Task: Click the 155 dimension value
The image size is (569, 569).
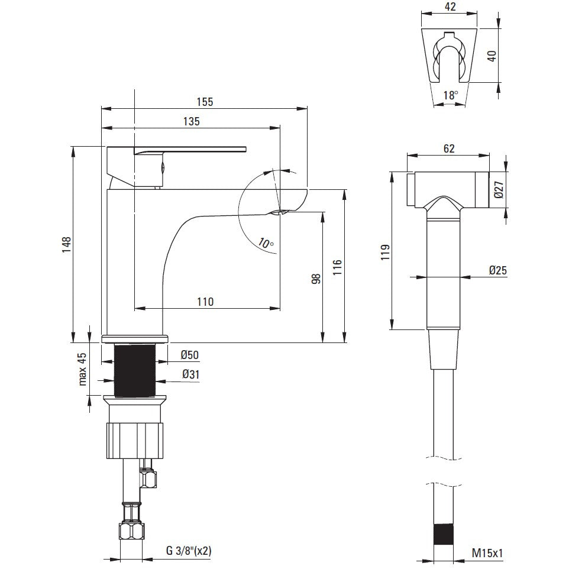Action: tap(205, 101)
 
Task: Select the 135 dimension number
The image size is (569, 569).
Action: tap(190, 121)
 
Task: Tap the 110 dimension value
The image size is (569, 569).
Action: tap(205, 302)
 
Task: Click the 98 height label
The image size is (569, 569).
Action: tap(316, 278)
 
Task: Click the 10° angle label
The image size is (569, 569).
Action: tap(266, 243)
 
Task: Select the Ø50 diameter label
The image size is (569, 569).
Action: tap(189, 355)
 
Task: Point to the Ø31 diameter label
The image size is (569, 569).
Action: tap(189, 374)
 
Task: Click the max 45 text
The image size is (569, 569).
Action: tap(83, 368)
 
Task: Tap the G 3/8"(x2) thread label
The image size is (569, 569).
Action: tap(189, 551)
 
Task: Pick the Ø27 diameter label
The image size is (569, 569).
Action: tap(499, 190)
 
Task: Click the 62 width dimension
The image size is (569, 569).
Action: tap(448, 149)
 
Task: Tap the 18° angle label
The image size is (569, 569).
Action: tap(450, 95)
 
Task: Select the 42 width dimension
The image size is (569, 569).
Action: tap(450, 7)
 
